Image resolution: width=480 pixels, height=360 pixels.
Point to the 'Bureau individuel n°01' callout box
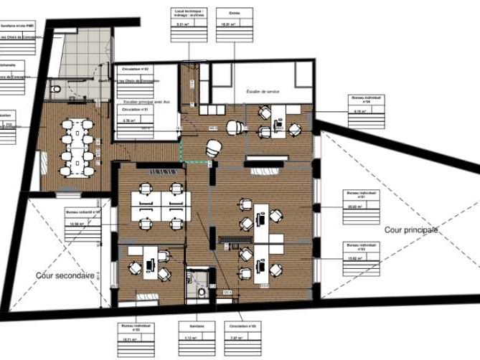pyautogui.click(x=362, y=202)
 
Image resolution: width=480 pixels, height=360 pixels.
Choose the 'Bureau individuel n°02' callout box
pyautogui.click(x=362, y=252)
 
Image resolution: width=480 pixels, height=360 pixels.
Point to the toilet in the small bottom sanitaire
pyautogui.click(x=202, y=291)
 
